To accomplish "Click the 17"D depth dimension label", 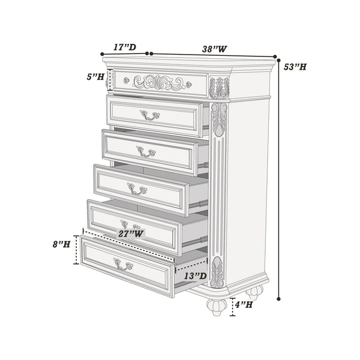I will click(x=124, y=47).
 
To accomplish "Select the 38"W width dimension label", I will click(x=214, y=49).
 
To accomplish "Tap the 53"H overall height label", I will click(x=296, y=67).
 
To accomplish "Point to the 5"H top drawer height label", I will click(x=95, y=77).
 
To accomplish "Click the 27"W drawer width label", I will click(x=130, y=234).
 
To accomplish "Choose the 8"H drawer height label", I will click(x=61, y=244).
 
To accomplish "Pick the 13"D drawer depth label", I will click(x=196, y=277).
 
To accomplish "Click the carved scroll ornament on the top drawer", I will click(x=159, y=82).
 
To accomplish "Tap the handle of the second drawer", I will click(x=149, y=115).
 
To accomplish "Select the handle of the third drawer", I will click(x=146, y=152).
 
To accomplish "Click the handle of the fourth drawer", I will click(x=137, y=190).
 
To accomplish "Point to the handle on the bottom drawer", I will click(x=123, y=265).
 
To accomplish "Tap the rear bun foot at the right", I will click(x=254, y=293).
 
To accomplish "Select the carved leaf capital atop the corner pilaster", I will click(x=219, y=88).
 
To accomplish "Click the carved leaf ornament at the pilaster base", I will click(x=217, y=272).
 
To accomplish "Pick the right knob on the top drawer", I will click(x=188, y=85).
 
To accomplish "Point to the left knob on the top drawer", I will click(x=126, y=80).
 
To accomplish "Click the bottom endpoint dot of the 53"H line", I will click(x=279, y=300).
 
